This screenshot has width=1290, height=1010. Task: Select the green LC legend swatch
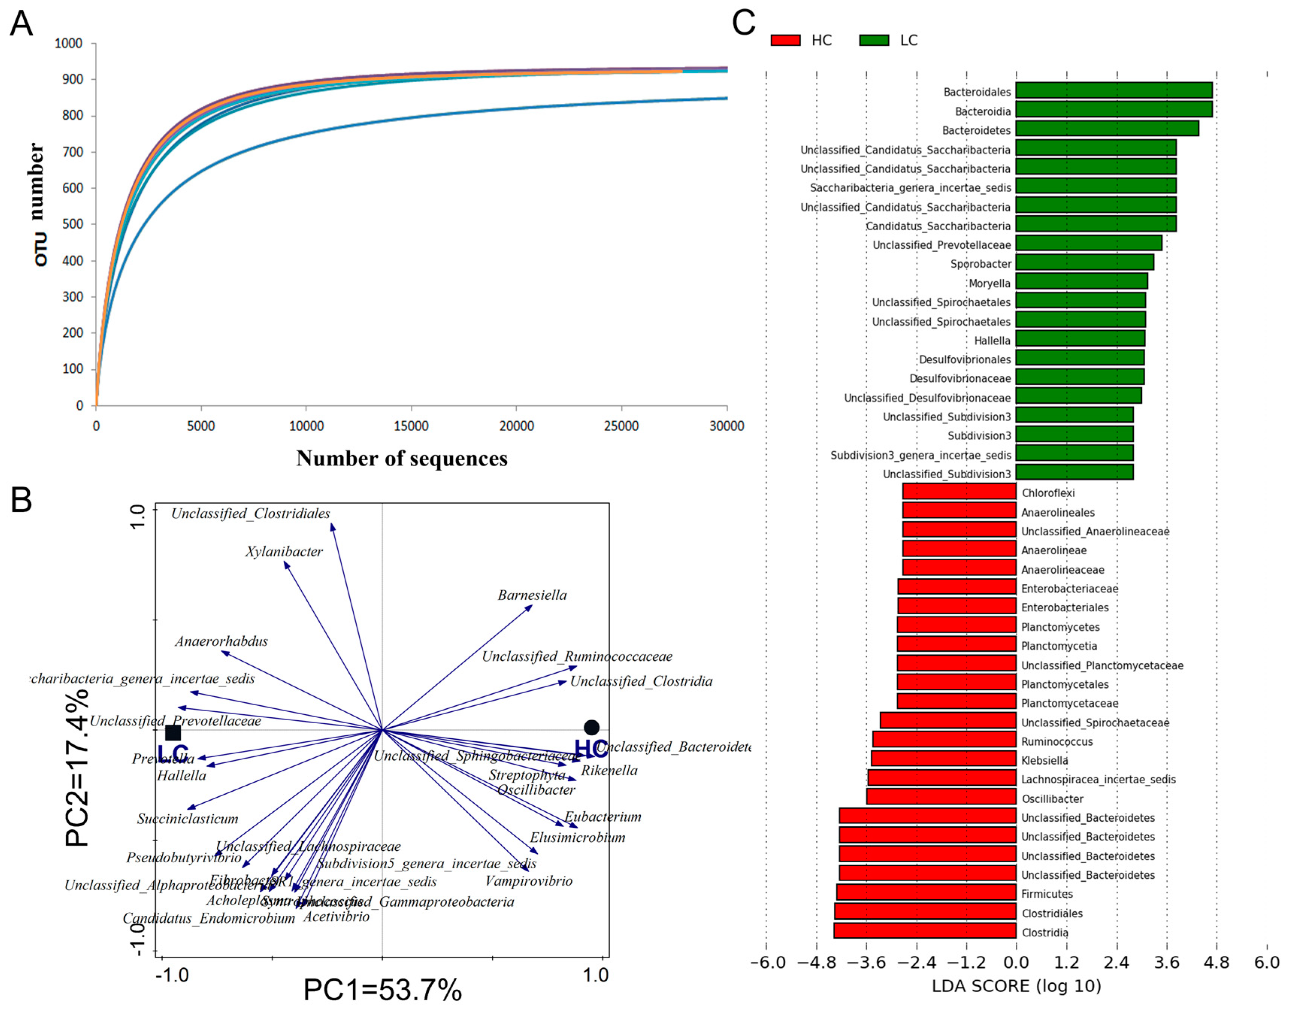(x=874, y=40)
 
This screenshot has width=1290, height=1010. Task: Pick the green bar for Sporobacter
(x=1084, y=263)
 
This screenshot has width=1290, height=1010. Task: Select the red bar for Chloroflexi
(x=959, y=492)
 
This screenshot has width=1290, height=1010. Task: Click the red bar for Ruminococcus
(x=944, y=740)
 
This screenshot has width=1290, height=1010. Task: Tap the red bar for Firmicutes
(x=926, y=892)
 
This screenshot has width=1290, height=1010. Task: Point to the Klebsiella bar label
(x=1045, y=761)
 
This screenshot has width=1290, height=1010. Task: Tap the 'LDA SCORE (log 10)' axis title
(x=1016, y=986)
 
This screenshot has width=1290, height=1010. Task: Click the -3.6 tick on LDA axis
(x=866, y=963)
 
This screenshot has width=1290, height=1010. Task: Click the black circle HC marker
(x=591, y=727)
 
